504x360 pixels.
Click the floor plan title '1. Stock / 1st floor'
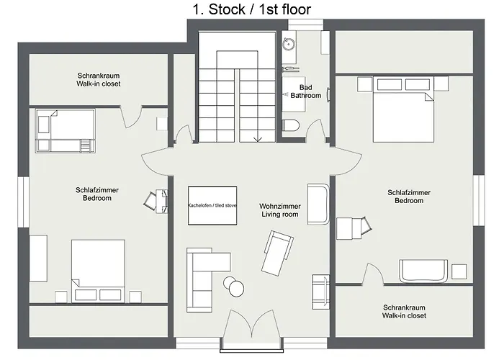click(x=252, y=9)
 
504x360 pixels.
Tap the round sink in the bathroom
click(x=289, y=44)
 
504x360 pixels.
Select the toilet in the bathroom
click(x=291, y=125)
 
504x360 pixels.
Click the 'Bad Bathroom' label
click(x=306, y=91)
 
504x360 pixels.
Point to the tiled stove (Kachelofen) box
click(x=212, y=205)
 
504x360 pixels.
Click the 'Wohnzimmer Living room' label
click(x=280, y=210)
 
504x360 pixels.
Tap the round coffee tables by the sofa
click(x=234, y=286)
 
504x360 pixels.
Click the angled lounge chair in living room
click(x=277, y=253)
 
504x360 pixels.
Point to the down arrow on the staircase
click(x=258, y=139)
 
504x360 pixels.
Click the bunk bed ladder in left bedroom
click(x=86, y=145)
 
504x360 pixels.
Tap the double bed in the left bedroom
click(x=98, y=271)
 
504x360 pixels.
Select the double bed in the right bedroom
click(x=403, y=109)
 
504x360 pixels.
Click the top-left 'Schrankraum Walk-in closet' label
click(x=99, y=80)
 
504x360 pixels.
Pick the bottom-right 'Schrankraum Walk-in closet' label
click(x=404, y=312)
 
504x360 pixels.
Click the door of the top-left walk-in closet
click(x=131, y=117)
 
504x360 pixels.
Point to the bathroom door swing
click(x=317, y=130)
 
